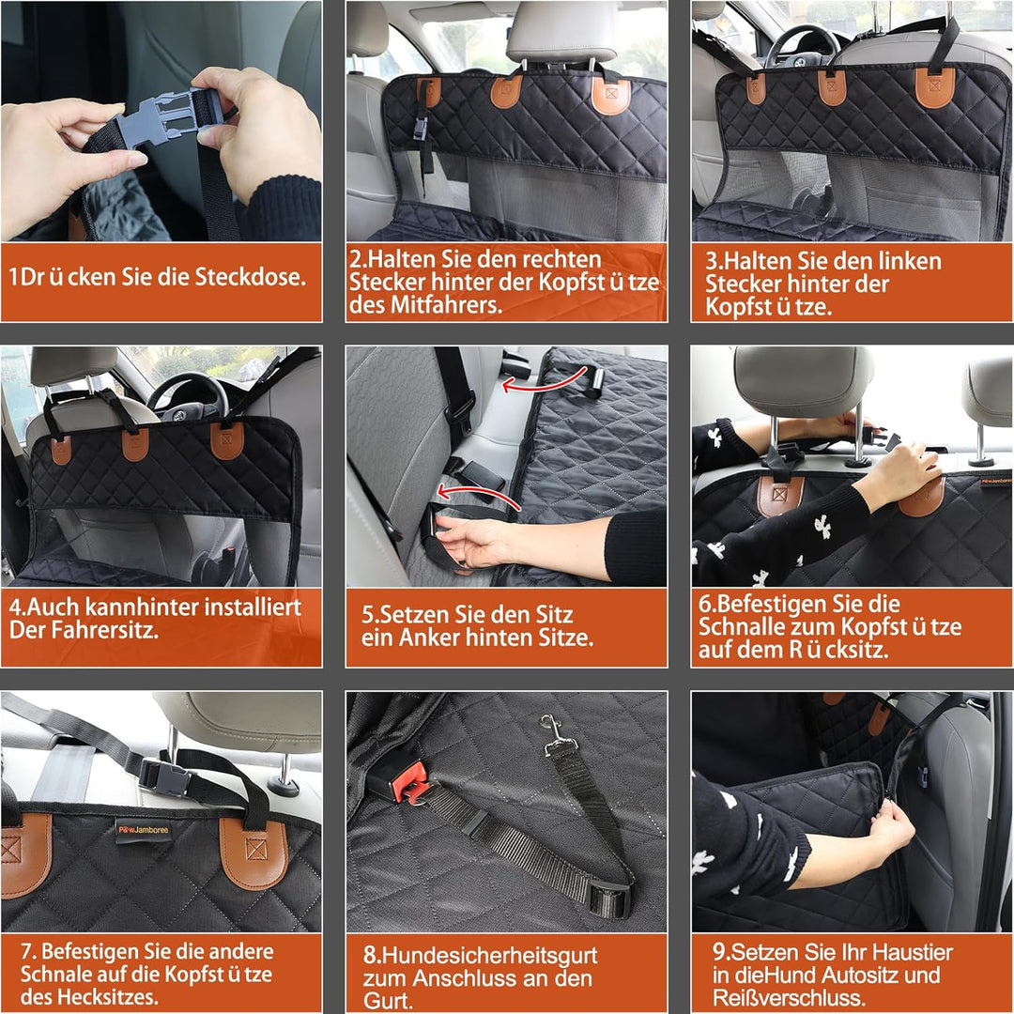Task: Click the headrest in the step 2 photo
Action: pyautogui.click(x=561, y=31)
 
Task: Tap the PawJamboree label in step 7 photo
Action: pyautogui.click(x=143, y=830)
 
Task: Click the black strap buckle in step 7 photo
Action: pyautogui.click(x=165, y=777)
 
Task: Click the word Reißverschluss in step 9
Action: pyautogui.click(x=789, y=997)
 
